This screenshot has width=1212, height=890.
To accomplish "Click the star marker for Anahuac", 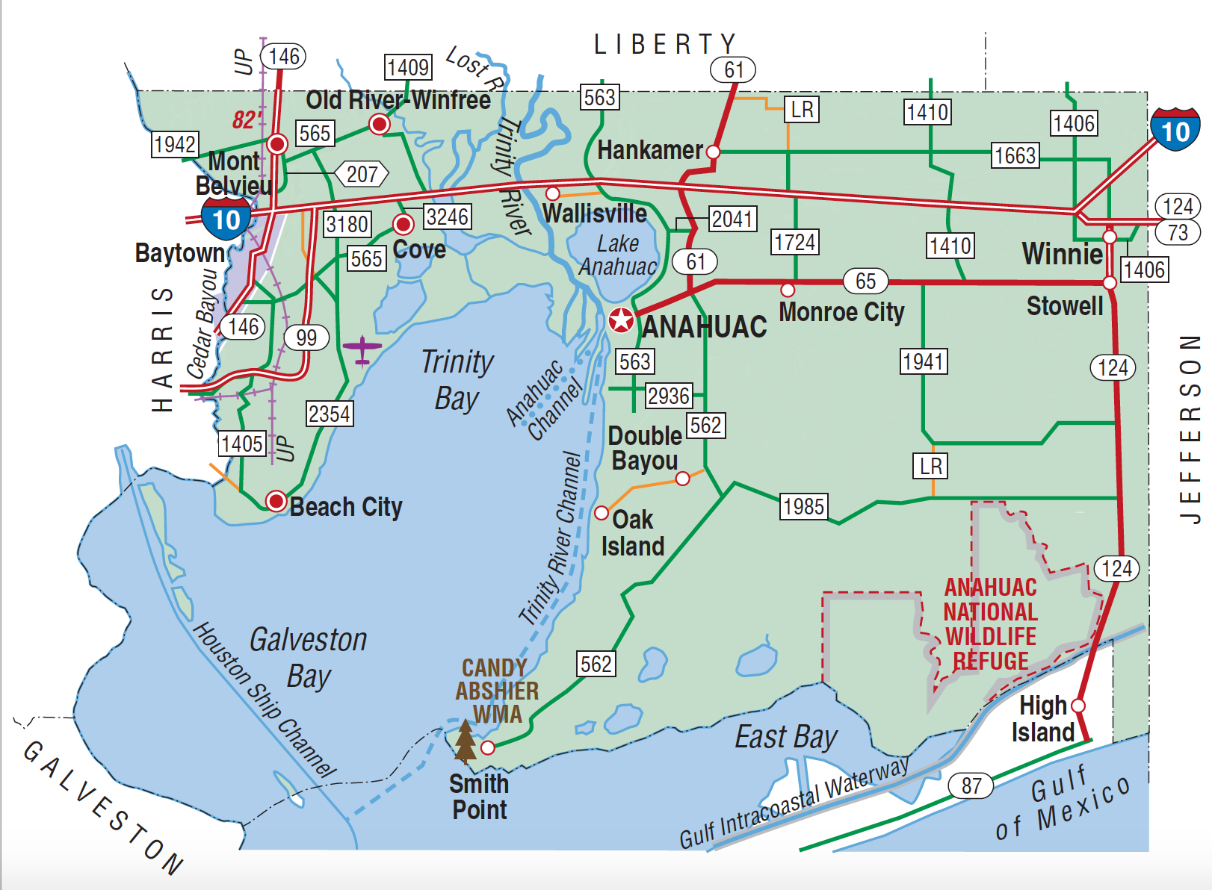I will [621, 320].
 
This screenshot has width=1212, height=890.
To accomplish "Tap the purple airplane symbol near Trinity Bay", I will [362, 349].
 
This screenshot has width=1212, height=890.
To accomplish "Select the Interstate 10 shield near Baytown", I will [226, 218].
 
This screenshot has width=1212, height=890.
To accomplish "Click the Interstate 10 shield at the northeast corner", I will [1175, 130].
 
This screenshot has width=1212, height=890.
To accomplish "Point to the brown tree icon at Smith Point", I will [466, 741].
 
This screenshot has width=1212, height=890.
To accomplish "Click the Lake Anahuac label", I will [618, 255].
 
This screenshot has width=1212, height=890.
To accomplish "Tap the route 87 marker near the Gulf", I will [971, 785].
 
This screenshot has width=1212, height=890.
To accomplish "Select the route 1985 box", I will [803, 506].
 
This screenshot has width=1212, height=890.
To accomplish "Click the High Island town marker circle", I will [1078, 706].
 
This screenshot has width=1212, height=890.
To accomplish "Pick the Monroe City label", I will [841, 312].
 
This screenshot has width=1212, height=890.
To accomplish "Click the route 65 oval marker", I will [865, 281].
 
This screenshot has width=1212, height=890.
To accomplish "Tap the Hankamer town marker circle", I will [713, 152].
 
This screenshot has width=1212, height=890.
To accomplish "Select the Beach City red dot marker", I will [276, 501].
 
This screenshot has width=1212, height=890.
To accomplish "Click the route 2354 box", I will [330, 414].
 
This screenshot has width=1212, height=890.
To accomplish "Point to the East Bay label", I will [785, 737].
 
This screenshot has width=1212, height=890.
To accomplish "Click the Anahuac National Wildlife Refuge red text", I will [991, 624].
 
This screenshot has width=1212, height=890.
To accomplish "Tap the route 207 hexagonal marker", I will [362, 174].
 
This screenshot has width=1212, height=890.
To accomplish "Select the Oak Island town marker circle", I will [602, 513].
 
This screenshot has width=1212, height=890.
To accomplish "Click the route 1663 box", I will [1015, 155].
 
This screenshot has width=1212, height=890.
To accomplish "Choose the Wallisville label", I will [595, 214].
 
